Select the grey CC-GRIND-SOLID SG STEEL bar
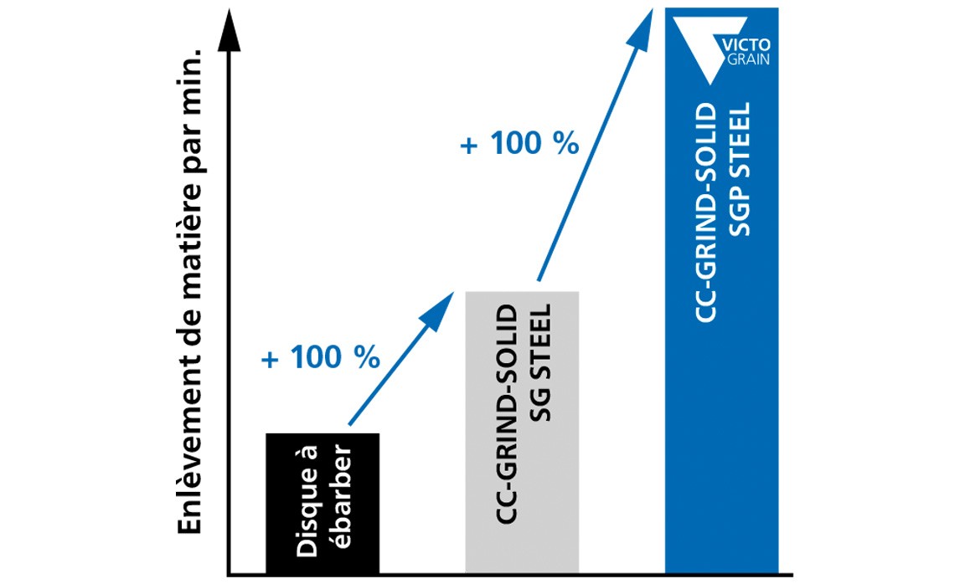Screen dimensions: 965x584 click(x=522, y=433)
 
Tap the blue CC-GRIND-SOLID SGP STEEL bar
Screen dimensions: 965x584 click(x=722, y=291)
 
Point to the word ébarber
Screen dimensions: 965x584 click(x=339, y=497)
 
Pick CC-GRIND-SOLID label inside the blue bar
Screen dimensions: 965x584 click(x=706, y=213)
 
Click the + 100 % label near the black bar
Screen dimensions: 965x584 click(x=321, y=357)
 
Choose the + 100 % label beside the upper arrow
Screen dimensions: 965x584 click(x=519, y=144)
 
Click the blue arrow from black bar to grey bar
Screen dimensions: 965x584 click(x=401, y=358)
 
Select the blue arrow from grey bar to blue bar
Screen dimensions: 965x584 click(x=595, y=145)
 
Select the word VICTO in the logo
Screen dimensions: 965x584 click(x=745, y=45)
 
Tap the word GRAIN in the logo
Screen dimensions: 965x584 click(x=748, y=59)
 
